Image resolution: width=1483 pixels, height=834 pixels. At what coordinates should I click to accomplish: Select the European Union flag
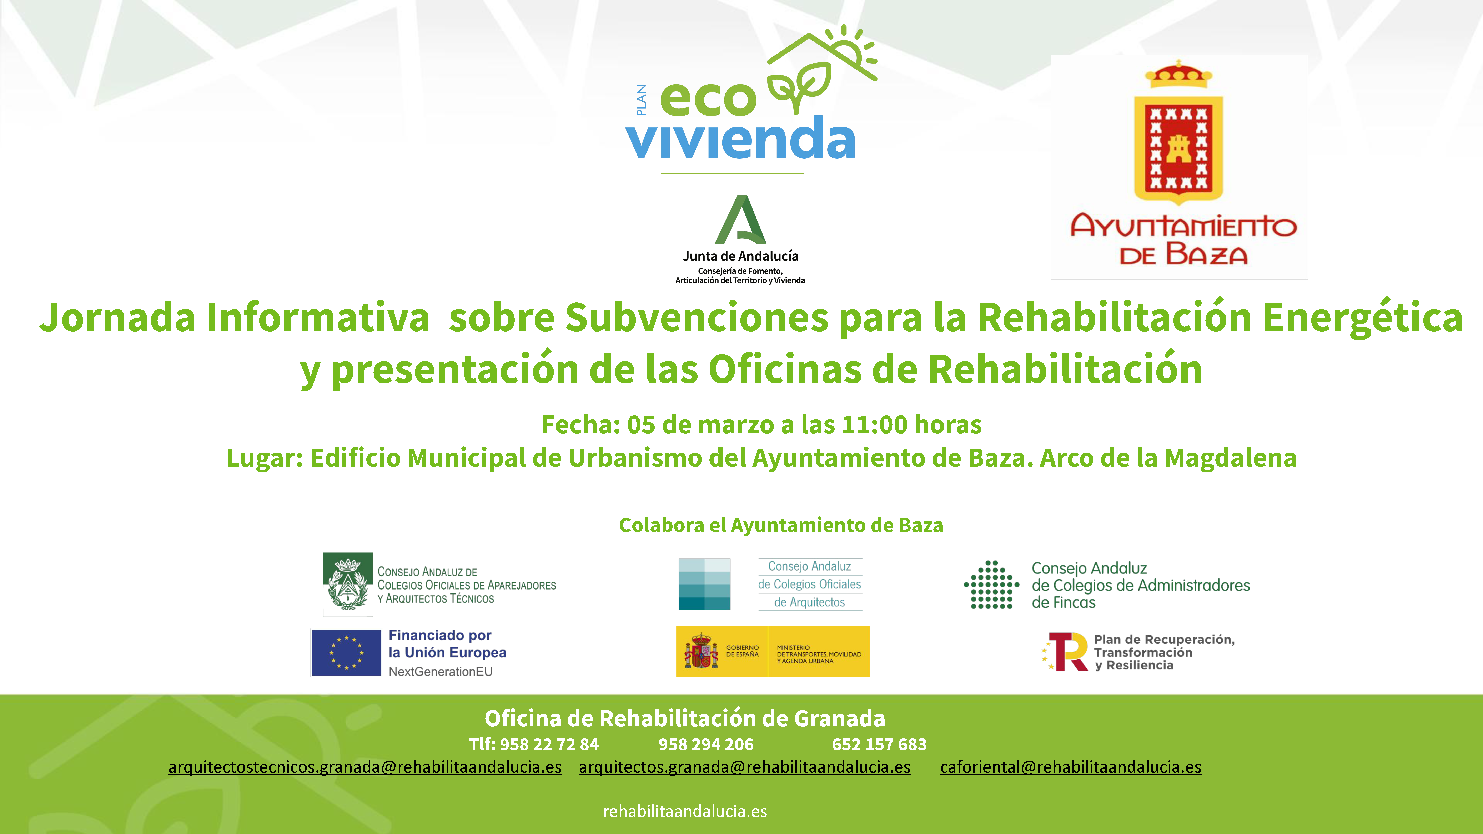[x=346, y=653]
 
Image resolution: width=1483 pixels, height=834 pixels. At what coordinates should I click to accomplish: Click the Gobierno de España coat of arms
[x=701, y=652]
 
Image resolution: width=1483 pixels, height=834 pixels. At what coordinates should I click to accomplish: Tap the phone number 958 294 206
[x=706, y=744]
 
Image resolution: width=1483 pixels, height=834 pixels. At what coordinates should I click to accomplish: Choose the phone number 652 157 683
[x=879, y=744]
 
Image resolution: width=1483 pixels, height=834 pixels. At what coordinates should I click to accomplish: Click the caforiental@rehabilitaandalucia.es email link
[x=1071, y=767]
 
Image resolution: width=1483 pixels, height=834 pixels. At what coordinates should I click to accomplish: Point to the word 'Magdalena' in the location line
[x=1230, y=458]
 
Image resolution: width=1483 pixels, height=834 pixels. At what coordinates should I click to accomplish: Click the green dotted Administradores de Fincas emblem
[x=991, y=585]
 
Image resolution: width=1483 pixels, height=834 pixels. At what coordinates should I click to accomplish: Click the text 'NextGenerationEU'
[x=440, y=671]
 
